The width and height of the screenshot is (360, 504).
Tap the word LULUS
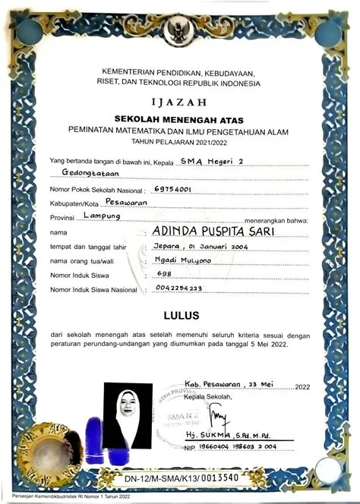[181, 314]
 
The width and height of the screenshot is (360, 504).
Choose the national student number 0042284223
[178, 288]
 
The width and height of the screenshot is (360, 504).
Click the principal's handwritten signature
[219, 417]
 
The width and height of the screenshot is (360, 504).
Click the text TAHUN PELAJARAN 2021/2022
[180, 141]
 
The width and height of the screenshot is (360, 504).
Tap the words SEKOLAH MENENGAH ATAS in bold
[180, 119]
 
